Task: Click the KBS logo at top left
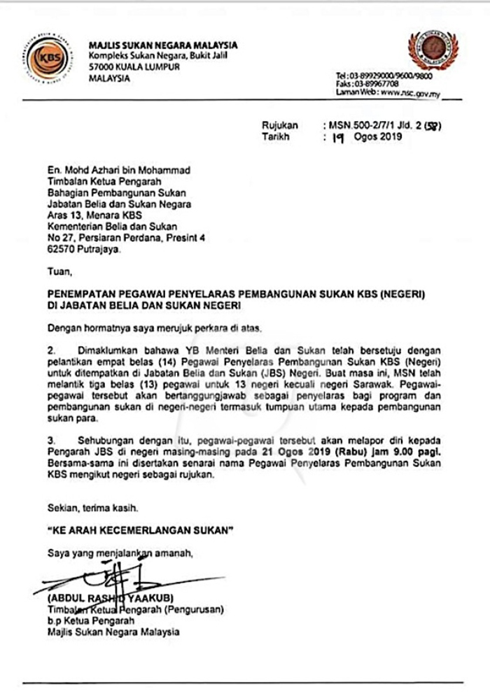[x=48, y=57]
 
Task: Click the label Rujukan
[x=280, y=126]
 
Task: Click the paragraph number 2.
[x=50, y=346]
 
